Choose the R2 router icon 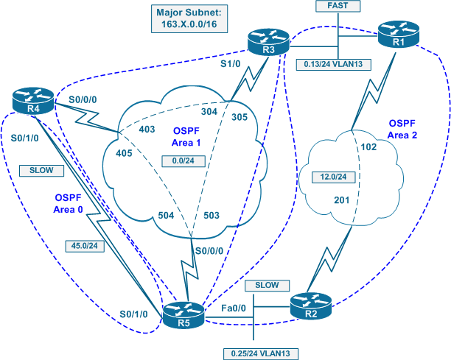310,304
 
